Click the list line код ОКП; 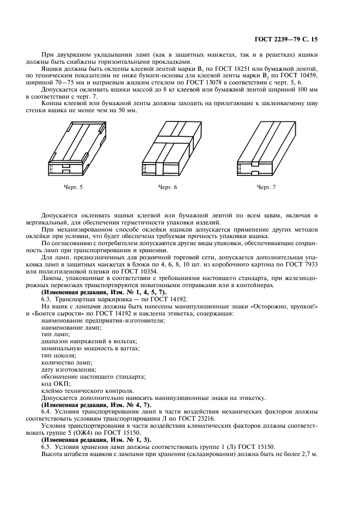tap(56, 384)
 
